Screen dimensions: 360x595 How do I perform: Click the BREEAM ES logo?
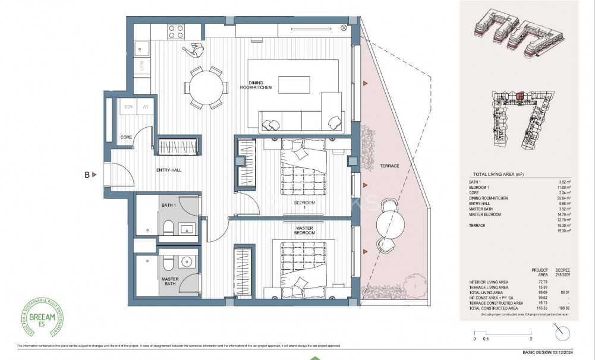[40, 315]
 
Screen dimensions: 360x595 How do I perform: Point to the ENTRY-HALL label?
[169, 170]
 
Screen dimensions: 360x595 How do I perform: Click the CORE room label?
[125, 137]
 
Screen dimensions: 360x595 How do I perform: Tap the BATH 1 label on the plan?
[169, 205]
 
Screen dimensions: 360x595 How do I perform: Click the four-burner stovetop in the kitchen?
[176, 31]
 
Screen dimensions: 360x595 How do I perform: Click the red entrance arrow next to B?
[94, 175]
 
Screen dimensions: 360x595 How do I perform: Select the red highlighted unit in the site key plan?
[520, 94]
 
